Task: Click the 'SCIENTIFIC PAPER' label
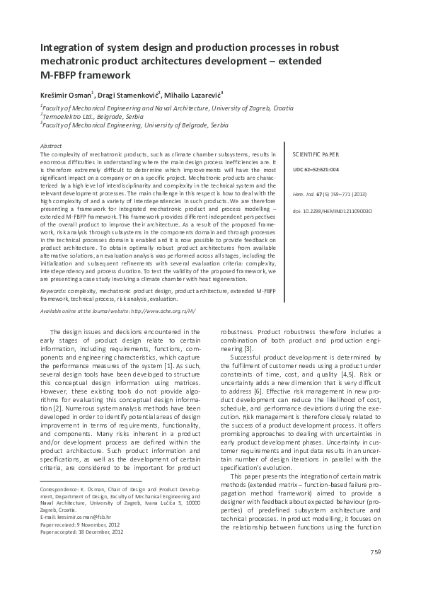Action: (x=316, y=153)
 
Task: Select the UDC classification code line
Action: (x=316, y=170)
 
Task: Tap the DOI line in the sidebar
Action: (x=332, y=211)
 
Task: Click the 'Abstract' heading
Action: (x=52, y=146)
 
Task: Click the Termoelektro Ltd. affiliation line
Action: (x=89, y=115)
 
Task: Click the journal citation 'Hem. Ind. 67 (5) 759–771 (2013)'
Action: (x=328, y=195)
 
